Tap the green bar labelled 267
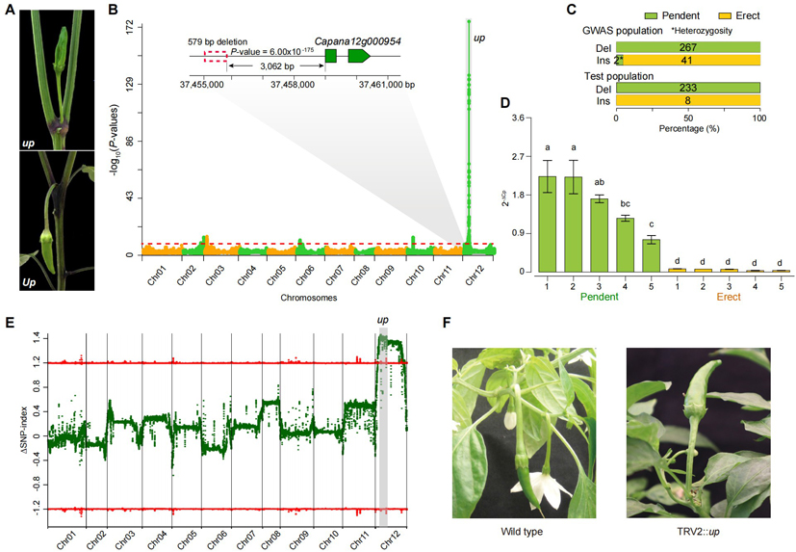point(688,45)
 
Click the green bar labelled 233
point(688,88)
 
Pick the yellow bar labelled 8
point(688,101)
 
